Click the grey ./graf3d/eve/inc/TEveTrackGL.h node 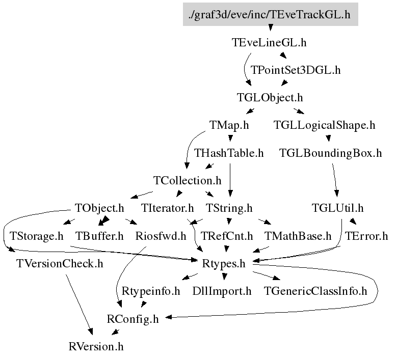coord(270,14)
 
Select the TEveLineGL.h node coord(269,43)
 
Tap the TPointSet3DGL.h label coord(296,70)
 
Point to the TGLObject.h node coord(270,97)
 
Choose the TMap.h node coord(229,125)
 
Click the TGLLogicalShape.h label coord(325,125)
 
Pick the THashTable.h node coord(229,153)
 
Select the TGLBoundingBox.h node coord(331,153)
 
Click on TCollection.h coord(188,180)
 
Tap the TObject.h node coord(99,208)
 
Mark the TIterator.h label coord(167,208)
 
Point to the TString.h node coord(229,208)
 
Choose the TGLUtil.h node coord(337,208)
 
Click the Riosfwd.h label coord(161,236)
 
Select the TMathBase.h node coord(298,236)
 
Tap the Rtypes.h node coord(224,263)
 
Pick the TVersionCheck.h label coord(60,263)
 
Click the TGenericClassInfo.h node coord(316,291)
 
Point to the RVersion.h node coord(96,347)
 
